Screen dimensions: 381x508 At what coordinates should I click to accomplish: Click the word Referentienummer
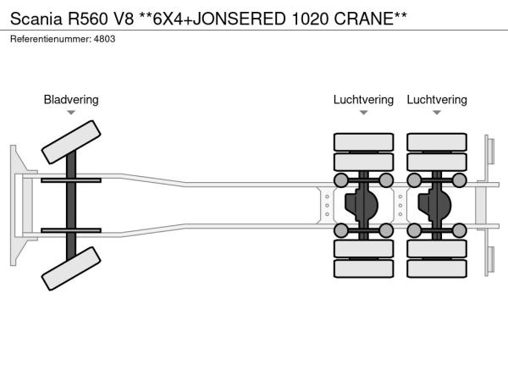click(x=50, y=39)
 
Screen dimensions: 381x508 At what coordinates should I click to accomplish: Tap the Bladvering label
click(x=71, y=100)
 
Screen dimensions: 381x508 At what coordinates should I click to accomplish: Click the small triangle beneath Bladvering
click(x=71, y=113)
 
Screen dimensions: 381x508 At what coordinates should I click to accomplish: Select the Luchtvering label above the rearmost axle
click(x=437, y=100)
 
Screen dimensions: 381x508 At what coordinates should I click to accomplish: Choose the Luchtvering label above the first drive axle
click(x=363, y=100)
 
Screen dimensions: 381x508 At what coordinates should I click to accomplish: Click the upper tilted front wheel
click(x=72, y=141)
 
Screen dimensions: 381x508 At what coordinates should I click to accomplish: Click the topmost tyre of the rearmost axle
click(x=437, y=141)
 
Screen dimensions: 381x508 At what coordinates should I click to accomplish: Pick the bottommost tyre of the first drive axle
click(x=363, y=268)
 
